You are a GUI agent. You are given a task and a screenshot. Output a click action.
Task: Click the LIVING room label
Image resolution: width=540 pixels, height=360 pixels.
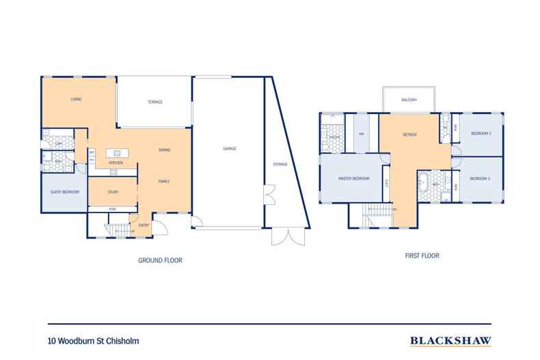point(76,100)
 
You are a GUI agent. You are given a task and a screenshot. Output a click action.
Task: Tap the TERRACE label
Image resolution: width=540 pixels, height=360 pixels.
point(155,102)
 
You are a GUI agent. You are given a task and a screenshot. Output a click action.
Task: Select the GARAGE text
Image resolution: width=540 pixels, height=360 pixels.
point(229,148)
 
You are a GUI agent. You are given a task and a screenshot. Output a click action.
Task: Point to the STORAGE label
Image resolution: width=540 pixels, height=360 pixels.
point(280,165)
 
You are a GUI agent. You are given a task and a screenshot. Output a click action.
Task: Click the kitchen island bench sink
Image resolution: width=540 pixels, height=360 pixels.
point(117,152)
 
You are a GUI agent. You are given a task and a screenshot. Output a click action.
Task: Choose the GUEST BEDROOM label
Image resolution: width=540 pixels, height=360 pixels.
point(65,192)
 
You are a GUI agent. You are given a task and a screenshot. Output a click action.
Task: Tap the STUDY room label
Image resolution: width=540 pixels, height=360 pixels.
point(113,192)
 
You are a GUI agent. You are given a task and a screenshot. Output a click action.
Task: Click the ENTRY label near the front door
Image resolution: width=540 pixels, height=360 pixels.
point(144,225)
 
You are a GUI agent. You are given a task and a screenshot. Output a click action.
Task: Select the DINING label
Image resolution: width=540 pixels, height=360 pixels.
point(164,150)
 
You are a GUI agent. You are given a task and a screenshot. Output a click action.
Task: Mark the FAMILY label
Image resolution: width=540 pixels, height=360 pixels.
point(164,181)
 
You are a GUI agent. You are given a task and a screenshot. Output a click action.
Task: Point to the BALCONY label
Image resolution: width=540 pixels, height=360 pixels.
point(409,100)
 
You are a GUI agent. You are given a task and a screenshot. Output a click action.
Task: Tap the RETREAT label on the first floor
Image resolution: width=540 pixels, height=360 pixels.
point(409,135)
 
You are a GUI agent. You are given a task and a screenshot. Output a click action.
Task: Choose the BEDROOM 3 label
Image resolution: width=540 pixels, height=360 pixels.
point(480,178)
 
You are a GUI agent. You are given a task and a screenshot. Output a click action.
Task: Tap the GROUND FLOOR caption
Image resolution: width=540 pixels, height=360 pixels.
point(160,260)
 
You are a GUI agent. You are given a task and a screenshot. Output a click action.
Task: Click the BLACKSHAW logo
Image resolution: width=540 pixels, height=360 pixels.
point(449,339)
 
